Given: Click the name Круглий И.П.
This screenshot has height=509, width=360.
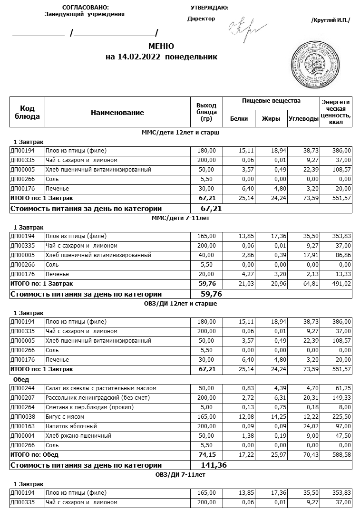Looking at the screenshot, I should point(331,20).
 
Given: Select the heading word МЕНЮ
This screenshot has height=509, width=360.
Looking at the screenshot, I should point(161,46).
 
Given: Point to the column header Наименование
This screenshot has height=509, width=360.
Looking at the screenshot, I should point(117,113).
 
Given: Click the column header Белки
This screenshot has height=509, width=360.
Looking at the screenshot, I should point(239,119).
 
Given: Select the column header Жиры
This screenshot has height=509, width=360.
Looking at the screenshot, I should point(271,119).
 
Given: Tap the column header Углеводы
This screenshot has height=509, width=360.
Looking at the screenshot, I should point(303,119).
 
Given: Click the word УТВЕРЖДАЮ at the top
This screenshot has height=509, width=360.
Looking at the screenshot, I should point(209,8).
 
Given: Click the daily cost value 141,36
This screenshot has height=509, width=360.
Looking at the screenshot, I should point(214,465).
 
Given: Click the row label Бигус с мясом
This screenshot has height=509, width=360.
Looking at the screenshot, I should point(64,416).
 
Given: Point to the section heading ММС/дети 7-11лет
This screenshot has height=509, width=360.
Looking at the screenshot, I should point(180,218).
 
